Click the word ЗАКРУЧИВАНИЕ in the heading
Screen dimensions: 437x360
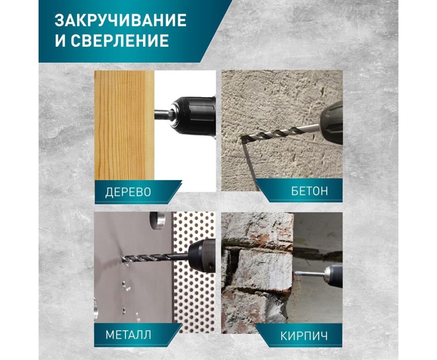[120, 20]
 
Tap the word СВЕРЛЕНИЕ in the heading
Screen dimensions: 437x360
[120, 40]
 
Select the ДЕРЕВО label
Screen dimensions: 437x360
[128, 192]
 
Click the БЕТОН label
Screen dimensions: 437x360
[309, 191]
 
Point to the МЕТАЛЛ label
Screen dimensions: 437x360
[128, 334]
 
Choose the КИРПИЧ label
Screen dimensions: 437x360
[304, 336]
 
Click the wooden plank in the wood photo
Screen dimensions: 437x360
[124, 125]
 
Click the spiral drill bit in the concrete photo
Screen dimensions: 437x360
[280, 133]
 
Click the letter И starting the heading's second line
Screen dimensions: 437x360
[60, 40]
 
